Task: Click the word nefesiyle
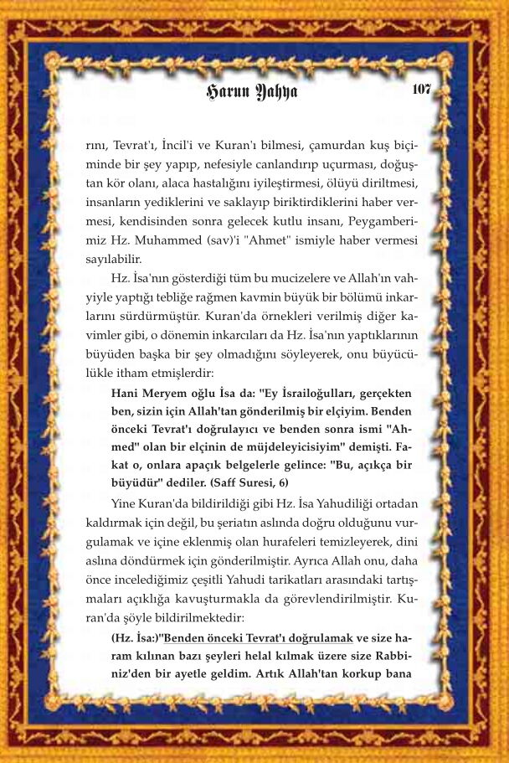tap(217, 163)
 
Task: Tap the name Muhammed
tap(160, 244)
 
